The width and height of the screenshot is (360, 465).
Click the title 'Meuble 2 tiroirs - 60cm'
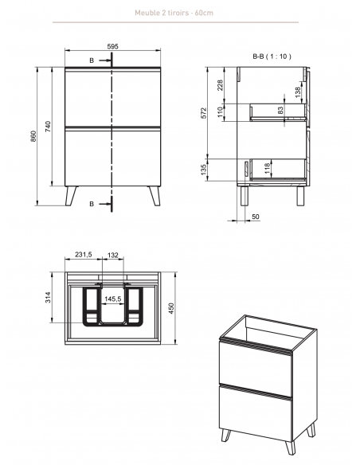pos(174,13)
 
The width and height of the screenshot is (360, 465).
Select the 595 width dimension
pos(112,46)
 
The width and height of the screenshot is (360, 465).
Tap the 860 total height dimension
pos(33,136)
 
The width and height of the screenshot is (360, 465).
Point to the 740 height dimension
pos(49,127)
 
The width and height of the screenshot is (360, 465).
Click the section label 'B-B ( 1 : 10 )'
pos(272,57)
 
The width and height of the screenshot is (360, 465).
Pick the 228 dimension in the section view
pos(220,85)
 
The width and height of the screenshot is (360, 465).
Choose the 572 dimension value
pos(203,113)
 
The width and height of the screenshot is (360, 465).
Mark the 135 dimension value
pos(203,170)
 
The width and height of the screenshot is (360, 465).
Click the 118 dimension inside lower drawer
pos(268,168)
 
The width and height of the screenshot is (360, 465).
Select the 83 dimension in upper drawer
pos(280,111)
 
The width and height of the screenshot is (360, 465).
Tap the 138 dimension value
pos(298,92)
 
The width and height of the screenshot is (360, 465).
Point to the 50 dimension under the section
pos(256,217)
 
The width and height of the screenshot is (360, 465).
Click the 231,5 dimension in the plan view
pos(84,255)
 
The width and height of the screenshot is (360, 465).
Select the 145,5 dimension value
pos(112,299)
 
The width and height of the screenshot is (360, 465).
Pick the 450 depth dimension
pos(171,308)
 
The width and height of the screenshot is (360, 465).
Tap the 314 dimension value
pos(48,298)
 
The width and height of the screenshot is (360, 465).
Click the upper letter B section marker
pos(92,61)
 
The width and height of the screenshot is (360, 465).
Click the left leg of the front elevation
pos(71,196)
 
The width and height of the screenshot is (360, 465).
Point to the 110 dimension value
pos(220,111)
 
